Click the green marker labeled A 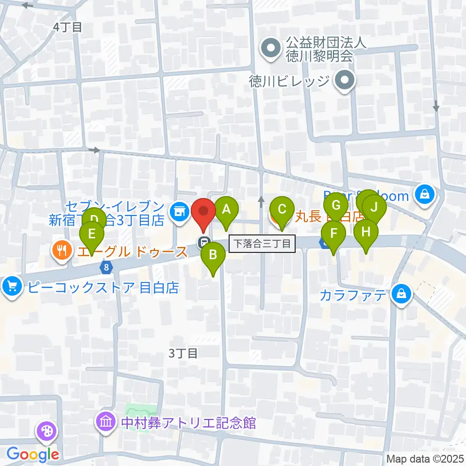click(x=226, y=210)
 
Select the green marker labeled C click(x=281, y=210)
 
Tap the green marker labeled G click(x=336, y=206)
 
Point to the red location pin click(x=204, y=212)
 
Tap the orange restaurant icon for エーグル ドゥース click(x=61, y=250)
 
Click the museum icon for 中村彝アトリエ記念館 click(x=105, y=422)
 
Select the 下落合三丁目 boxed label click(x=262, y=243)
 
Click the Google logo click(x=33, y=454)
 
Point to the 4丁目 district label click(x=67, y=27)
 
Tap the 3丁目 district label click(x=183, y=353)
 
